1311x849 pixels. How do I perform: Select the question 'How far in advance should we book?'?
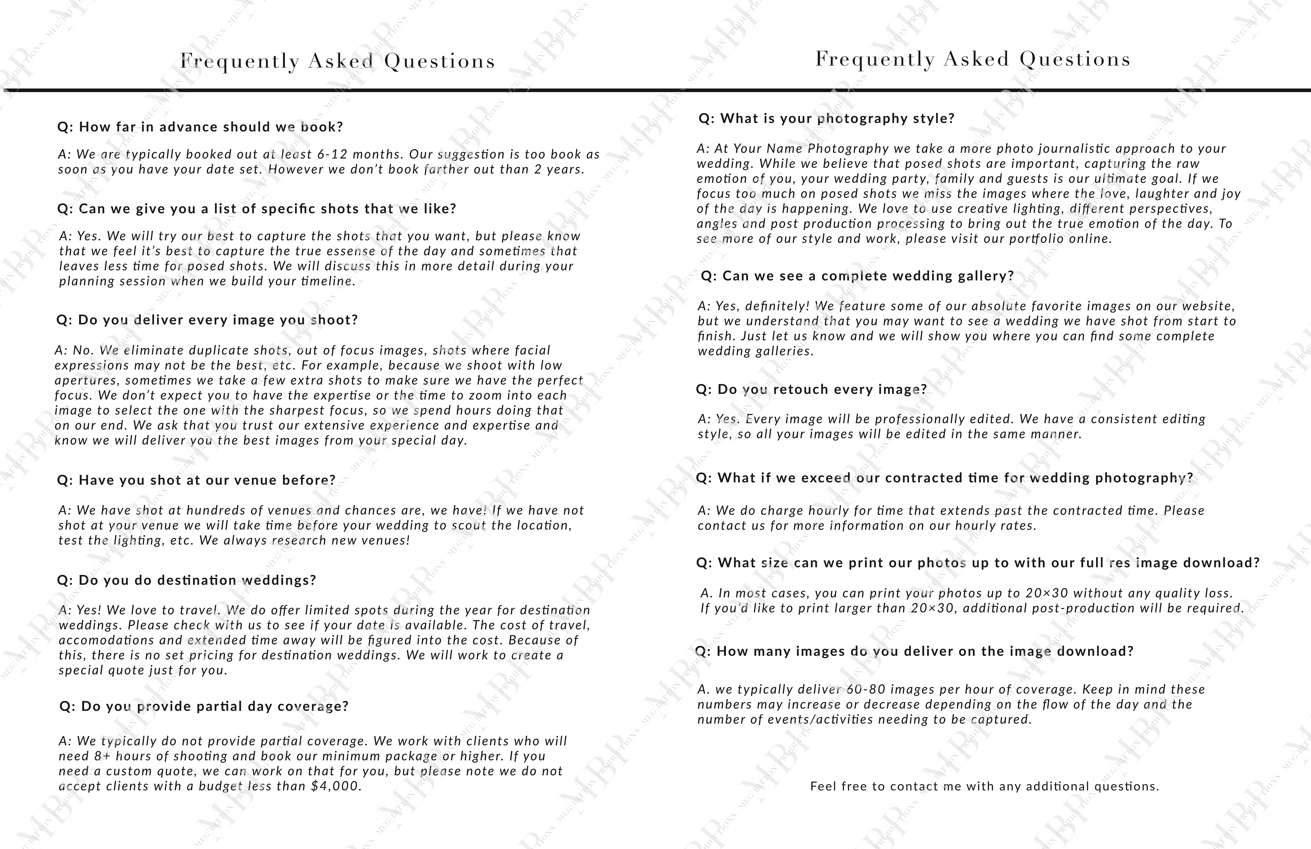tap(200, 127)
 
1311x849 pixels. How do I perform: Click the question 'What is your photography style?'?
tap(826, 119)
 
